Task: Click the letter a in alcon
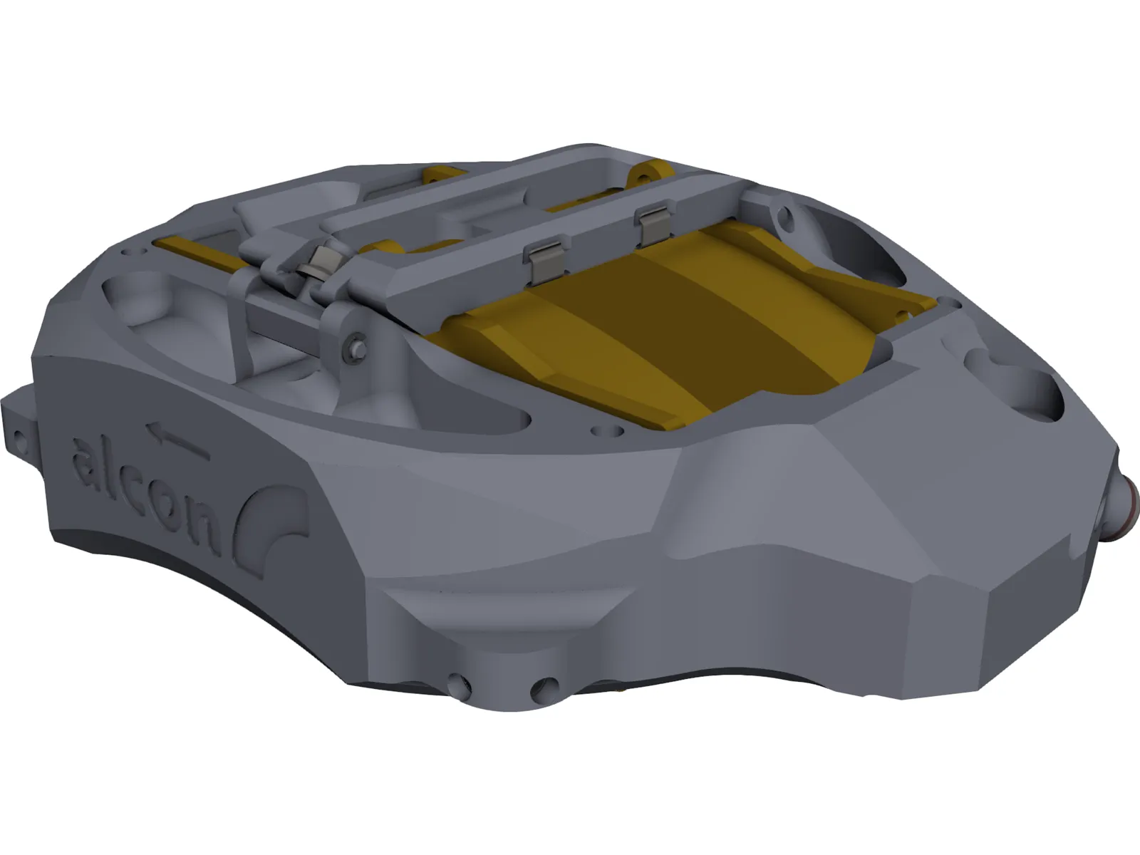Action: [87, 460]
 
